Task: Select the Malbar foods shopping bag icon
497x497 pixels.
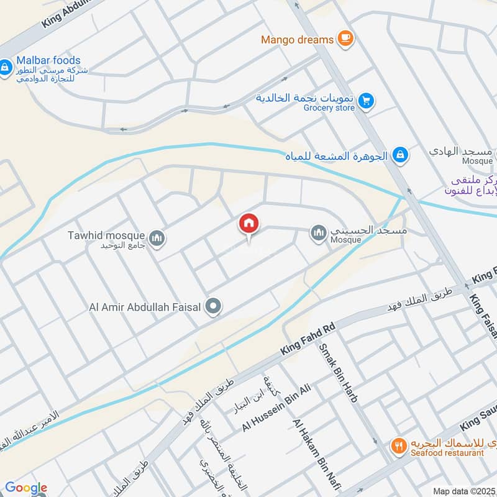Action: (6, 66)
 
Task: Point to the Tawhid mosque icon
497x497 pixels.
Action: (157, 237)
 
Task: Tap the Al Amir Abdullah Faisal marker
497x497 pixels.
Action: (214, 306)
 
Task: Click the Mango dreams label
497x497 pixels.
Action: (297, 40)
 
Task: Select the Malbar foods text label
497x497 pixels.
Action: (49, 60)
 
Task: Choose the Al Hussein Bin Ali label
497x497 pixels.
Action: (276, 408)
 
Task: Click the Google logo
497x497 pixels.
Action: (25, 488)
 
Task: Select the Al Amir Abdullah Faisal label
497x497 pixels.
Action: (147, 306)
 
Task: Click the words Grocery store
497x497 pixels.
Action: (329, 108)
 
